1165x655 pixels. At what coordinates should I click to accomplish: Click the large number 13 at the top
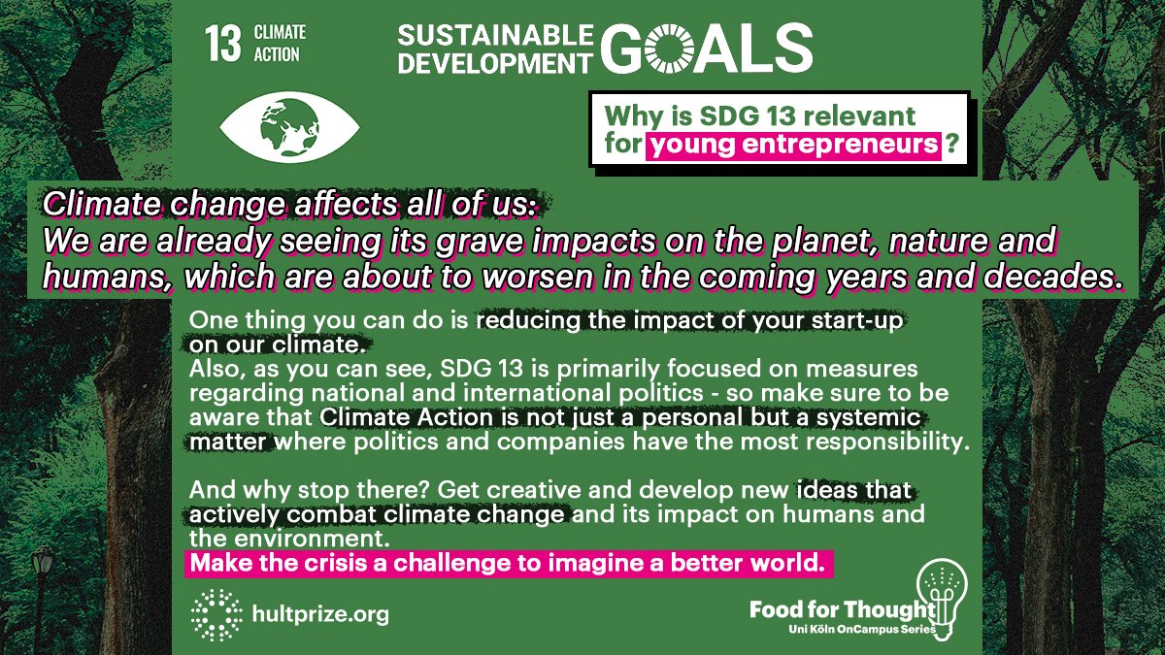(x=222, y=44)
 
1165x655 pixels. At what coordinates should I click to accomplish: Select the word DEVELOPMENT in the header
(x=493, y=61)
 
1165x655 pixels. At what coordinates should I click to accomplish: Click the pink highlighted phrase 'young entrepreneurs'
(x=795, y=147)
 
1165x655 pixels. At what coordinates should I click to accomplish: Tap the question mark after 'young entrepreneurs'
(x=954, y=147)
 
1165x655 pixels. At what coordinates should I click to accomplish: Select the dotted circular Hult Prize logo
(x=216, y=614)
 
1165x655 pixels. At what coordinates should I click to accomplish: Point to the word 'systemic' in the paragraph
(x=882, y=419)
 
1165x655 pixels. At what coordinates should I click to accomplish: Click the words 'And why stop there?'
(x=273, y=490)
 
